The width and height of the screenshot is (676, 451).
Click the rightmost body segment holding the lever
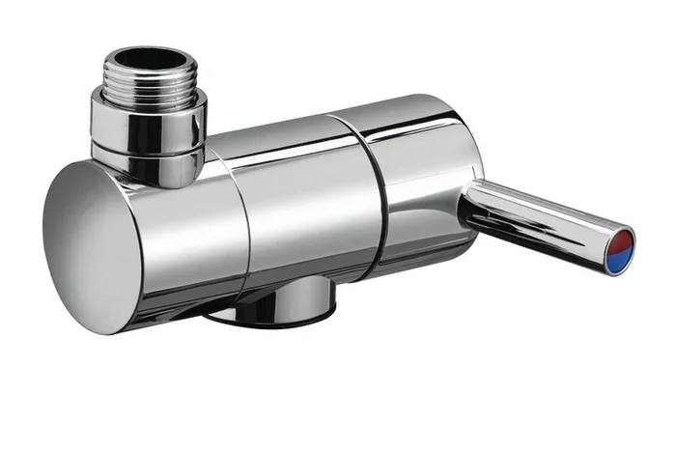tap(425, 183)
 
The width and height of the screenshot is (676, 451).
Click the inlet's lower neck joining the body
tap(159, 169)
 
